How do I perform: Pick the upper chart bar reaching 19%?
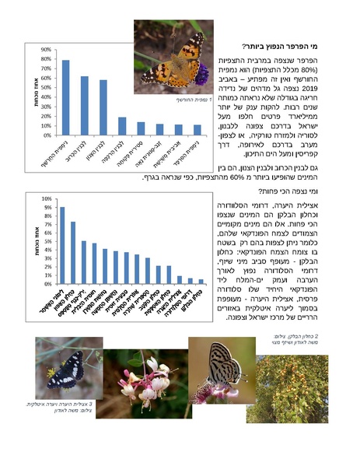[122, 125]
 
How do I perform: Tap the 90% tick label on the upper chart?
[46, 49]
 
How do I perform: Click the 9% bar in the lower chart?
[62, 246]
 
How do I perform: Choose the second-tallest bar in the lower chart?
[73, 253]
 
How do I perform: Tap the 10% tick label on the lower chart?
[47, 199]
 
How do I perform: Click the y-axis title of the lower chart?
[35, 241]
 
